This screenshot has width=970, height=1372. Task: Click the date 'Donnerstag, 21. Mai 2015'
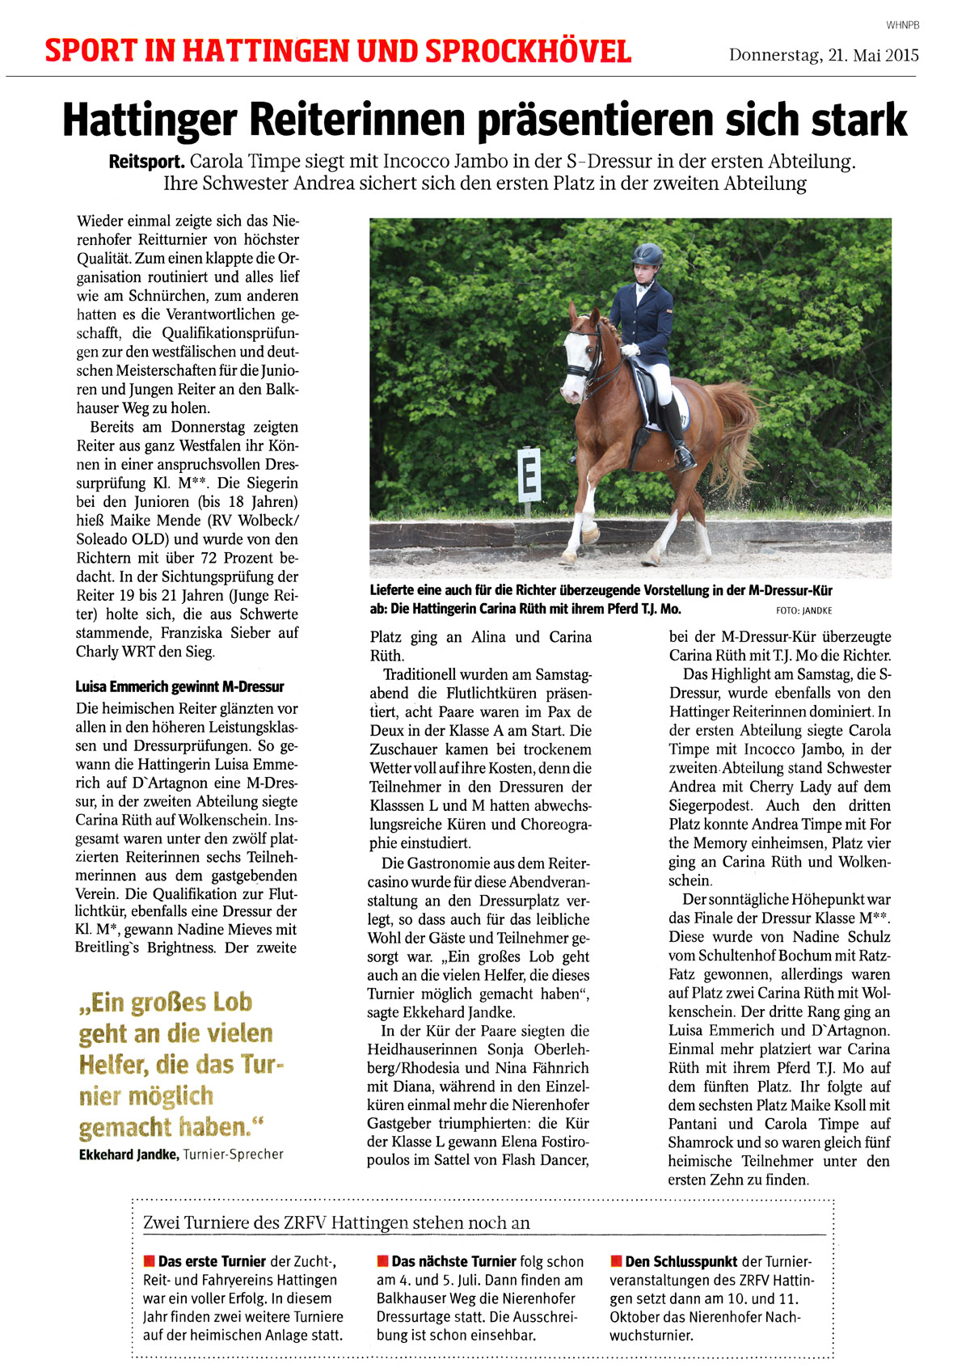click(823, 55)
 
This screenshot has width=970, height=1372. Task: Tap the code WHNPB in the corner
click(902, 25)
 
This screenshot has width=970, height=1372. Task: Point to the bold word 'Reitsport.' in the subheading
click(146, 162)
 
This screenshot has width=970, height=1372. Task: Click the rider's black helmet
click(647, 255)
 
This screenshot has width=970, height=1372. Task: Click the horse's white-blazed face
click(576, 356)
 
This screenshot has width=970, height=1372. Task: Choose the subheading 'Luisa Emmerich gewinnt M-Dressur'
click(179, 687)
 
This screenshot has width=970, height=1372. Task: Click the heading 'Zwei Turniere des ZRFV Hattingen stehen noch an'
click(336, 1222)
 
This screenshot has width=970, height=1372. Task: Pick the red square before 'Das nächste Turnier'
click(382, 1260)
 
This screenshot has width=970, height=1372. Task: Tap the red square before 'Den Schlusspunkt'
click(616, 1260)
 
